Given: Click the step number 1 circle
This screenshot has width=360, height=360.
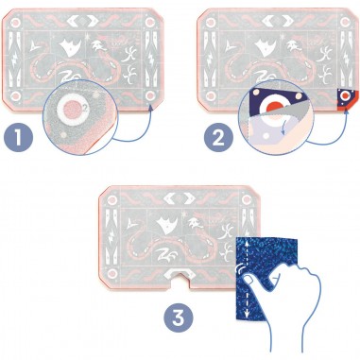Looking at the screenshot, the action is [19, 138].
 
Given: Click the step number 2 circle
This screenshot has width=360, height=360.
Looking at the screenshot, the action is [218, 138].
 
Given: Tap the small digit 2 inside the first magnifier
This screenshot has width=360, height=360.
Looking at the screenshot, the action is [84, 108].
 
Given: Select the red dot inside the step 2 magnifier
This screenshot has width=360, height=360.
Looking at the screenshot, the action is [272, 108].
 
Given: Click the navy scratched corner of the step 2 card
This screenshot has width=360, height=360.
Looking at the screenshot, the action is [345, 97].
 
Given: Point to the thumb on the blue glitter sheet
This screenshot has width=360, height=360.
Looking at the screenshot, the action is [251, 281].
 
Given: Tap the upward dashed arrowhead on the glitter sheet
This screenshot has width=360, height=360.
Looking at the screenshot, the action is [246, 243].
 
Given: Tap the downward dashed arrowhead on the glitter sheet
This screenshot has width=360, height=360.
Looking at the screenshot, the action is [246, 314].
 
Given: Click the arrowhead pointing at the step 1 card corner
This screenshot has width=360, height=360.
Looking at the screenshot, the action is [151, 108].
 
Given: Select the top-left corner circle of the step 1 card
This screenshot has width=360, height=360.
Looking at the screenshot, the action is [15, 22].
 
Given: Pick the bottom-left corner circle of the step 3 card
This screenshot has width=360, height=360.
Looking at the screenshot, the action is [111, 273].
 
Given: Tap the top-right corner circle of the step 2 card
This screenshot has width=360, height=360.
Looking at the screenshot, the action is [346, 22].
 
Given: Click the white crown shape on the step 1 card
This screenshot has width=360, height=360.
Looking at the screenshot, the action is [70, 47].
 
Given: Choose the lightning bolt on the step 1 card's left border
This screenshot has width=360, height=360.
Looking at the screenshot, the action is [15, 60].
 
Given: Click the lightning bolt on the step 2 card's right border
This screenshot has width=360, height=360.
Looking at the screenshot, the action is [346, 60].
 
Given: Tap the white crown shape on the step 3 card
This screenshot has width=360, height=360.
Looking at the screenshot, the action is [167, 224].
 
